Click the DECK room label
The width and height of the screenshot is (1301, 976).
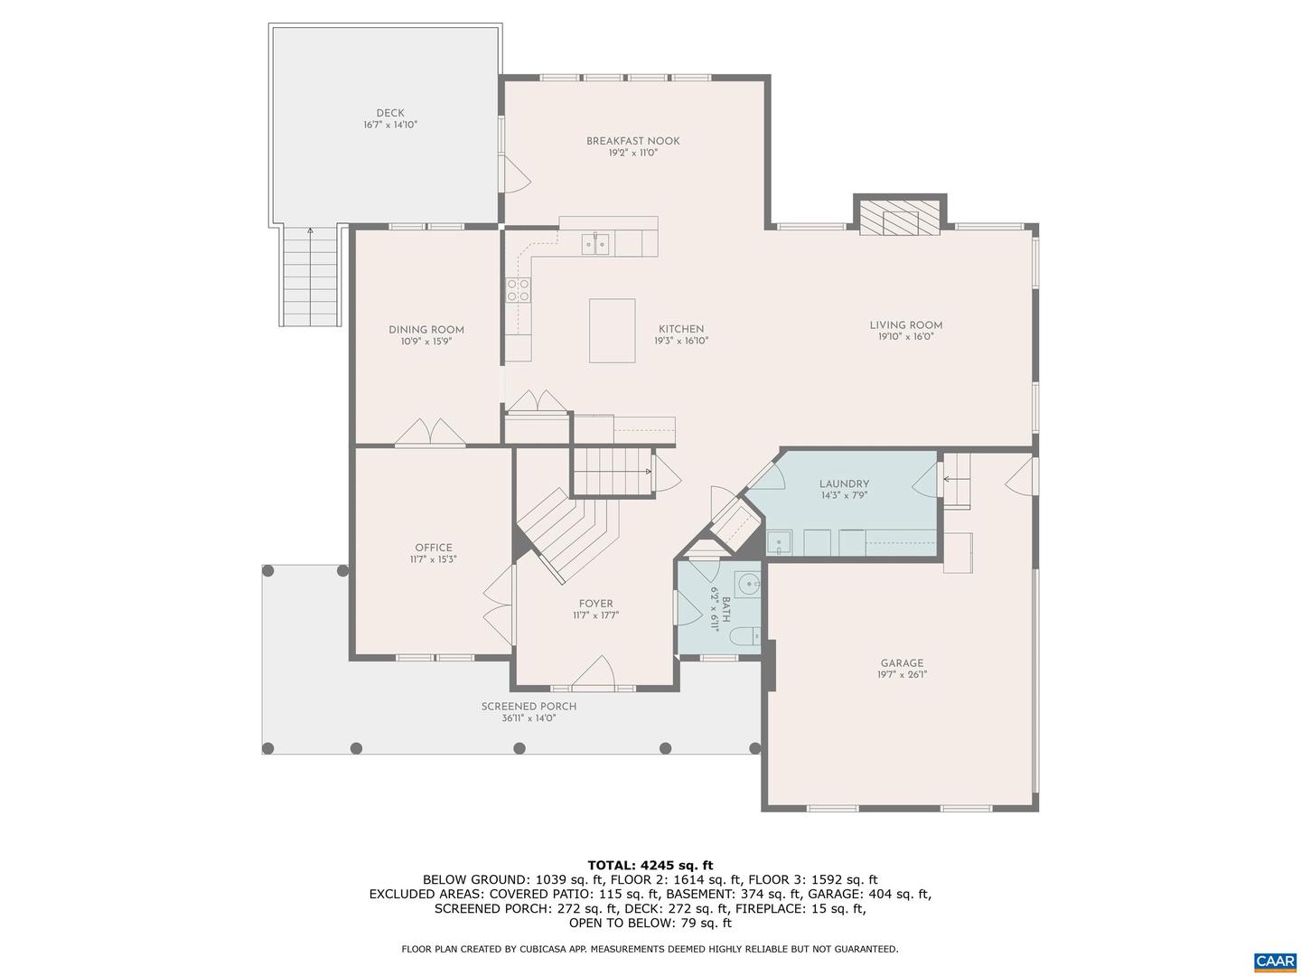click(x=390, y=113)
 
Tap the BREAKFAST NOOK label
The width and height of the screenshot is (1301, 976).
click(x=632, y=141)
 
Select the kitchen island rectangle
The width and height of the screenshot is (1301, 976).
click(x=612, y=331)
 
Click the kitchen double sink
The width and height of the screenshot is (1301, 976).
click(x=595, y=243)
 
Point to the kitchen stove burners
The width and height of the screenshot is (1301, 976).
click(x=519, y=289)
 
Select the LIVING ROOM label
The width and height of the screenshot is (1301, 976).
click(x=905, y=325)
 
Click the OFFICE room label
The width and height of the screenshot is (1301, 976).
click(x=434, y=548)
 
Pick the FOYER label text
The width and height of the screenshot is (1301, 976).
click(x=595, y=604)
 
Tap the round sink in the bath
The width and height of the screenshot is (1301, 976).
click(x=747, y=585)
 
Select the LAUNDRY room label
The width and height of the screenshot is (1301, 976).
click(x=844, y=484)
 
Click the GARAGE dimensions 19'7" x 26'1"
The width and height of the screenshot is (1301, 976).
click(x=902, y=675)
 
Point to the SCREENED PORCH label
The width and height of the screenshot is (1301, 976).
click(x=529, y=707)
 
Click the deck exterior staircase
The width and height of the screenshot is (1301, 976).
click(x=310, y=277)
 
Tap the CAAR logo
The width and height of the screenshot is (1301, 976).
click(x=1274, y=960)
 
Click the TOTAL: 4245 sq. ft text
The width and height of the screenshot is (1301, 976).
click(x=650, y=865)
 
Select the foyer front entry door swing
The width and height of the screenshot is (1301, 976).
click(x=594, y=673)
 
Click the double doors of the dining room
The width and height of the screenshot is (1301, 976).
click(x=430, y=432)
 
